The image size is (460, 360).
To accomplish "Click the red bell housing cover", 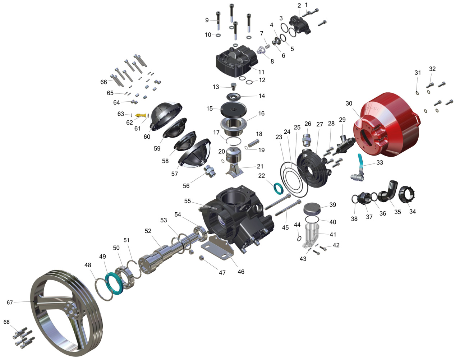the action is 387,125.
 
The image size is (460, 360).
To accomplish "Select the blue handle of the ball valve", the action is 361,163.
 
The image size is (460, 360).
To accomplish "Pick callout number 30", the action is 349,103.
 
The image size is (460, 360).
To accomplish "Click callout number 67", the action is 10,303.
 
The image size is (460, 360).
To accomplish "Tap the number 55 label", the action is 187,201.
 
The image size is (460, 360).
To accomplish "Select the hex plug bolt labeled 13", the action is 233,86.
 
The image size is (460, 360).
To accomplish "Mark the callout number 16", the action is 261,114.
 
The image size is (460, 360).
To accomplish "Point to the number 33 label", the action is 379,162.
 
